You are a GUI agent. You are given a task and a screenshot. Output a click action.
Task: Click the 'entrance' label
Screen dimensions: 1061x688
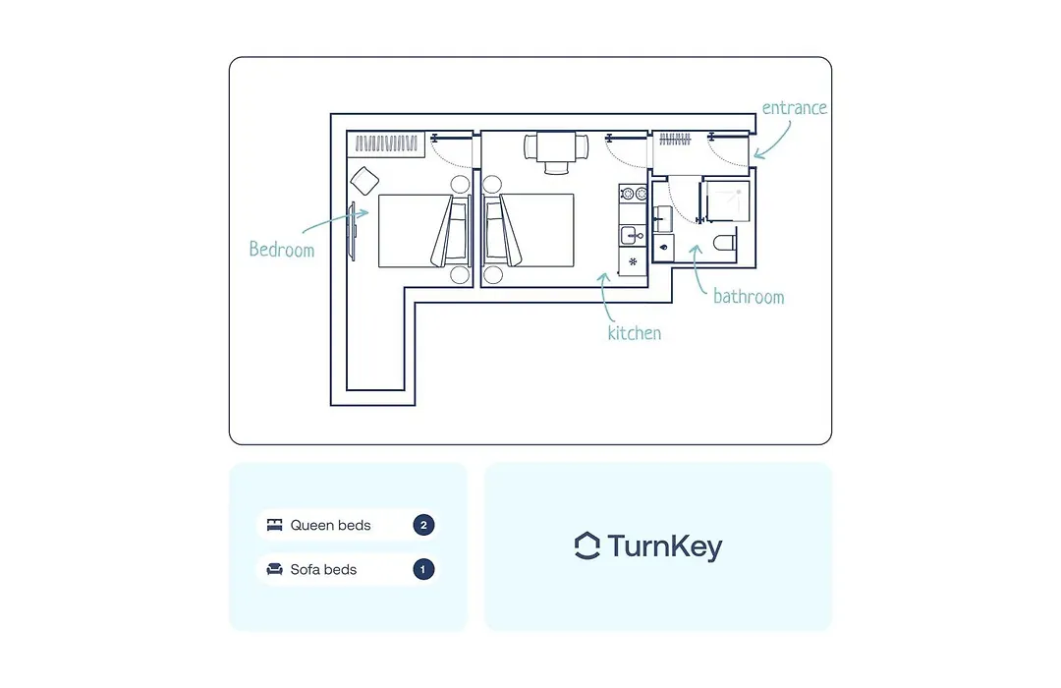tap(794, 108)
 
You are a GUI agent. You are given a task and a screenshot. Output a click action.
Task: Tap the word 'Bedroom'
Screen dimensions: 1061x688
tap(282, 250)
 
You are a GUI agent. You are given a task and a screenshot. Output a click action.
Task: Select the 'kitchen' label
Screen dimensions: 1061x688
tap(634, 332)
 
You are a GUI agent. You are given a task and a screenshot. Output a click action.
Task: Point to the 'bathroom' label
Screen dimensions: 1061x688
tap(749, 297)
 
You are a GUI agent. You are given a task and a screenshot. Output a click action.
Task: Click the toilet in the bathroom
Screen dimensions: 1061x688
tap(725, 243)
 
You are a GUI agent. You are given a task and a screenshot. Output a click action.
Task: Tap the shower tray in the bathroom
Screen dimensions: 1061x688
tap(727, 201)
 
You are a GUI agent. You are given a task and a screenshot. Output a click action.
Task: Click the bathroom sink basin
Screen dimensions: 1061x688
tap(662, 219)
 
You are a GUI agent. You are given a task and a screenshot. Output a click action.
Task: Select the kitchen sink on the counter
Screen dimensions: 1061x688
tap(632, 235)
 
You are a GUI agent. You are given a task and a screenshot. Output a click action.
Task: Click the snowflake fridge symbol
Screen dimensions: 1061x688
tap(633, 261)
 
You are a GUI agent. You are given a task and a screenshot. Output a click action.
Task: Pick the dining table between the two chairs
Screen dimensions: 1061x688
tap(556, 147)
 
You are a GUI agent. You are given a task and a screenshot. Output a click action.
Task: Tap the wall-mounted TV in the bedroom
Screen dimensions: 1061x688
tap(352, 231)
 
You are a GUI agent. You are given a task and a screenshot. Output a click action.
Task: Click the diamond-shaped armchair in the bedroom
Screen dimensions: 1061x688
tap(364, 181)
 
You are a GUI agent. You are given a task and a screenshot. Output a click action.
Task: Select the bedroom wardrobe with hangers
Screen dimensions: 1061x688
tap(386, 143)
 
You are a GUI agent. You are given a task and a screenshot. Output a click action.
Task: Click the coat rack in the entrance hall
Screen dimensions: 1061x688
tap(675, 140)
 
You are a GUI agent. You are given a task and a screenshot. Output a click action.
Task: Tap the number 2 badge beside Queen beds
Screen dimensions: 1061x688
tap(423, 525)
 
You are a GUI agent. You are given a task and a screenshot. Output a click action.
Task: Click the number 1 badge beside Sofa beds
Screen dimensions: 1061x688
tap(423, 569)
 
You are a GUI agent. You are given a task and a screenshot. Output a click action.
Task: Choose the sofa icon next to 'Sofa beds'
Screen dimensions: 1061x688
tap(274, 569)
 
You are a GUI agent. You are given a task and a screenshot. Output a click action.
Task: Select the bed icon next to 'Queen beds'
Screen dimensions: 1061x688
tap(274, 525)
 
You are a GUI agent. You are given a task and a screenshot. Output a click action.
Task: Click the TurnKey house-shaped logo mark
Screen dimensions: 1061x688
tap(586, 545)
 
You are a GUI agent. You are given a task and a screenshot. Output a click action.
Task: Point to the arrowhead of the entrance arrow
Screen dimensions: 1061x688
tap(756, 155)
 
